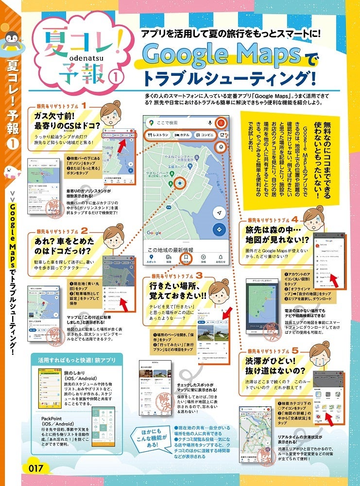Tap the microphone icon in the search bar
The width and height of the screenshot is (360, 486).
(x=210, y=123)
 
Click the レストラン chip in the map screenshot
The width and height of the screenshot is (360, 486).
(x=158, y=135)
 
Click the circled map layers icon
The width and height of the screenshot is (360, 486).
(x=221, y=147)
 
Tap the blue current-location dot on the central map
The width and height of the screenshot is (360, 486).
(x=180, y=184)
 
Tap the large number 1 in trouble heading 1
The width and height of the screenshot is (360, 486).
(x=84, y=104)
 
